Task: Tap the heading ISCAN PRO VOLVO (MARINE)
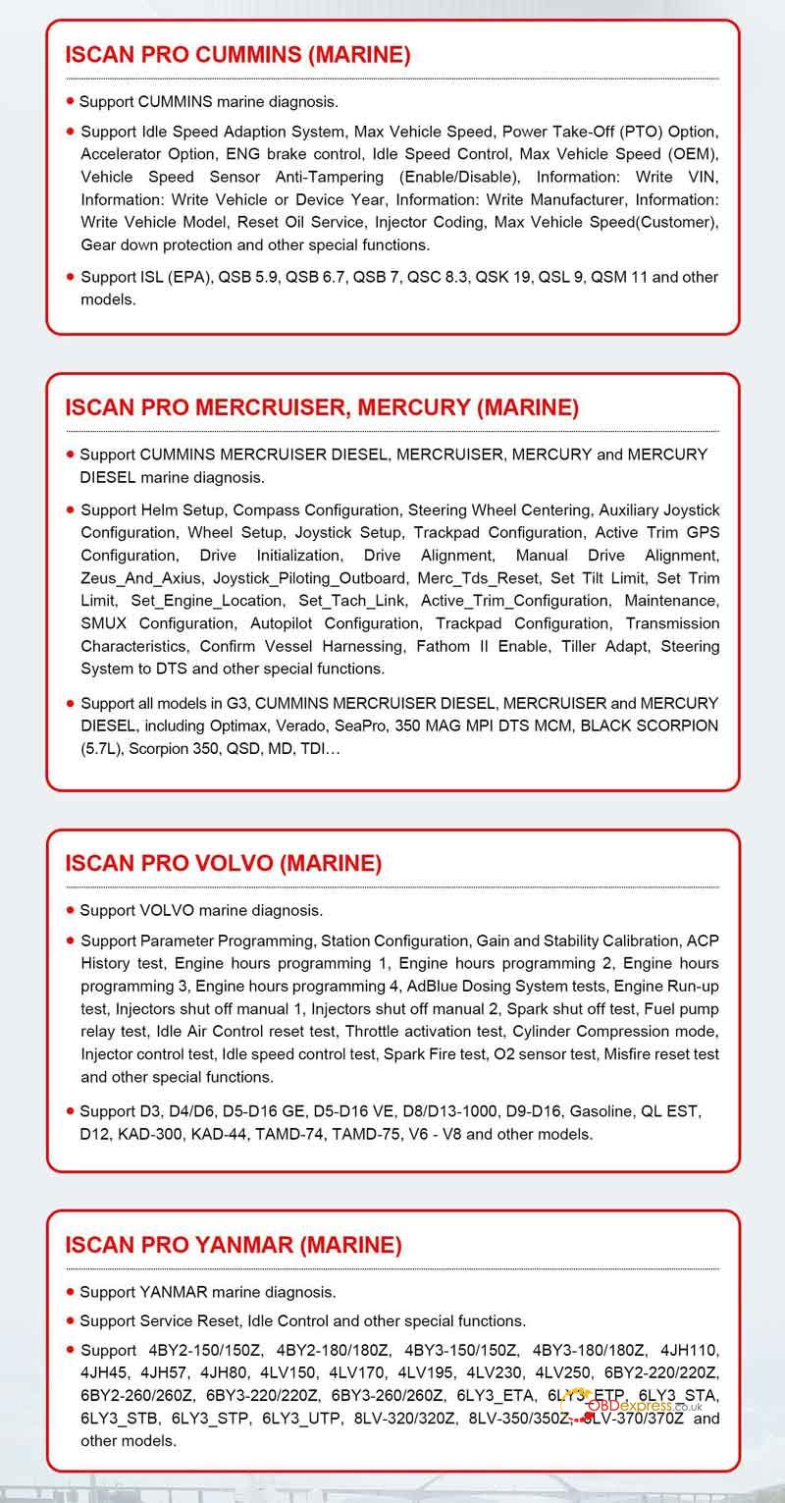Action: click(223, 864)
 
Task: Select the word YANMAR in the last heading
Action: click(244, 1246)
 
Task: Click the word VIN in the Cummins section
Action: click(703, 177)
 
